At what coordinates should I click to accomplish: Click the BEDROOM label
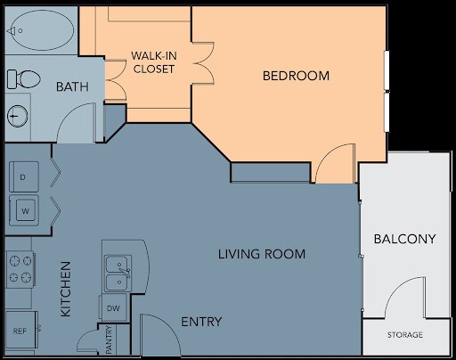click(296, 76)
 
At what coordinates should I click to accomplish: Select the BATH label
click(71, 87)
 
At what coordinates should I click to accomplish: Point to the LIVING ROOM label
click(262, 254)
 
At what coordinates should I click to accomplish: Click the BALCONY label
click(404, 239)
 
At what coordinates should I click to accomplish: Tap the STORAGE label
click(404, 335)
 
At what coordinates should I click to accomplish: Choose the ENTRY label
click(201, 322)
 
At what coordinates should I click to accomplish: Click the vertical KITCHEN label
click(66, 290)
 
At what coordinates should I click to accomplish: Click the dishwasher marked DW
click(113, 308)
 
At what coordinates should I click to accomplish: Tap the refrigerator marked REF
click(19, 331)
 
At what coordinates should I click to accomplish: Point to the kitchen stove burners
click(19, 268)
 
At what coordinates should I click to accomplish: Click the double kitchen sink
click(116, 273)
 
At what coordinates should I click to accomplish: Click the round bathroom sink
click(17, 115)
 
